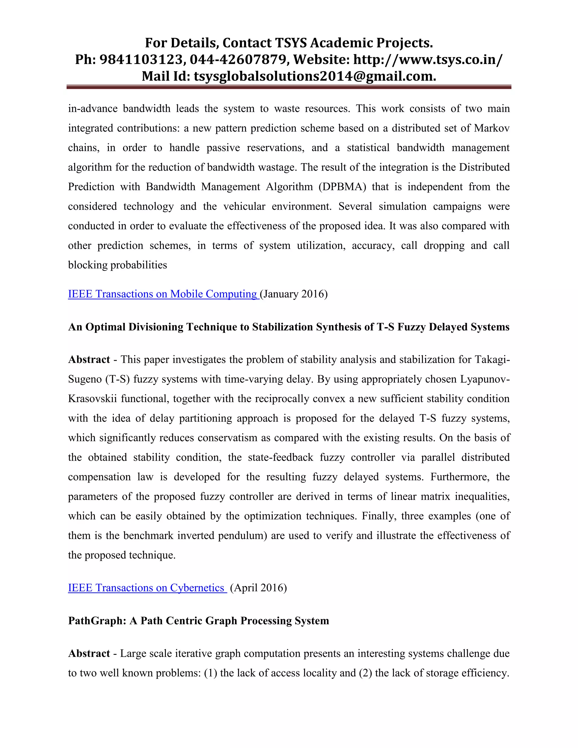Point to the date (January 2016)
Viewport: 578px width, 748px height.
pos(294,294)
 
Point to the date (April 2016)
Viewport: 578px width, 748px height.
pos(259,588)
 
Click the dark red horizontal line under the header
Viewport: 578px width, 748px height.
pos(289,87)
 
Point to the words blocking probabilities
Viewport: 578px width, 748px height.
pos(117,265)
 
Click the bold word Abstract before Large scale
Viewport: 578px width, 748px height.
pos(89,653)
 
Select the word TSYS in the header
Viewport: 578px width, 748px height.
pos(291,43)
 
